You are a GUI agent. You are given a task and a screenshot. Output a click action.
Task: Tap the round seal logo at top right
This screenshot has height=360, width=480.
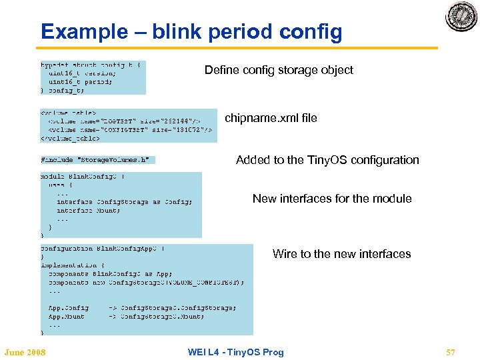[461, 17]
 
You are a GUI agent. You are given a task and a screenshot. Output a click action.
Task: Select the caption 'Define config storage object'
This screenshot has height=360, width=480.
[279, 70]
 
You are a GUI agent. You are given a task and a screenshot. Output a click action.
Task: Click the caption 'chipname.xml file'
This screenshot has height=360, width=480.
[271, 118]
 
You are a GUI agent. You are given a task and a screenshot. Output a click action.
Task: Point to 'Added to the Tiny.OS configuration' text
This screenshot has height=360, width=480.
[327, 160]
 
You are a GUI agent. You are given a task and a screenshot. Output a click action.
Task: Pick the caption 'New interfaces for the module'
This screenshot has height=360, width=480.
[332, 199]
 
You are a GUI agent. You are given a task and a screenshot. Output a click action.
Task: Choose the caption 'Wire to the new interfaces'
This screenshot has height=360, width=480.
[341, 254]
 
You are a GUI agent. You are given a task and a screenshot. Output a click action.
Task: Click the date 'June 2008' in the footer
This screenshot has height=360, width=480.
[25, 352]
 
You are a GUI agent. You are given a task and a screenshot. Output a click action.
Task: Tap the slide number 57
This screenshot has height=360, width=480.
[450, 352]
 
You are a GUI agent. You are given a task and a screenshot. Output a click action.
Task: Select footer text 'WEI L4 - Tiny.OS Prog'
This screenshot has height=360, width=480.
[236, 352]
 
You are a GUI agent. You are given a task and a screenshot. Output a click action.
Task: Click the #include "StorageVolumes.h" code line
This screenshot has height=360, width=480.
[97, 160]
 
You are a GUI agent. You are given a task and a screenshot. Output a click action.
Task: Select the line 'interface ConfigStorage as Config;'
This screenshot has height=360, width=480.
[125, 201]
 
